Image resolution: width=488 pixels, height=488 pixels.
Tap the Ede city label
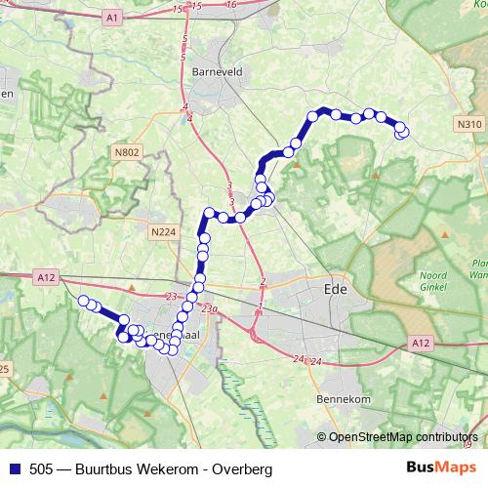334,290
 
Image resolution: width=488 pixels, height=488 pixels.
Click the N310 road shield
468,125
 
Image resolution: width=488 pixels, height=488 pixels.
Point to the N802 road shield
126,152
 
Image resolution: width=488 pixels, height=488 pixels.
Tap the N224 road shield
162,231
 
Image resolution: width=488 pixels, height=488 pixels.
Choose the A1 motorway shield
112,19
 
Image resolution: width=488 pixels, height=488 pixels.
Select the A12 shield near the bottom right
421,343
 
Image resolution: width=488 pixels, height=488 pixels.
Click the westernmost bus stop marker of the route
84,301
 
